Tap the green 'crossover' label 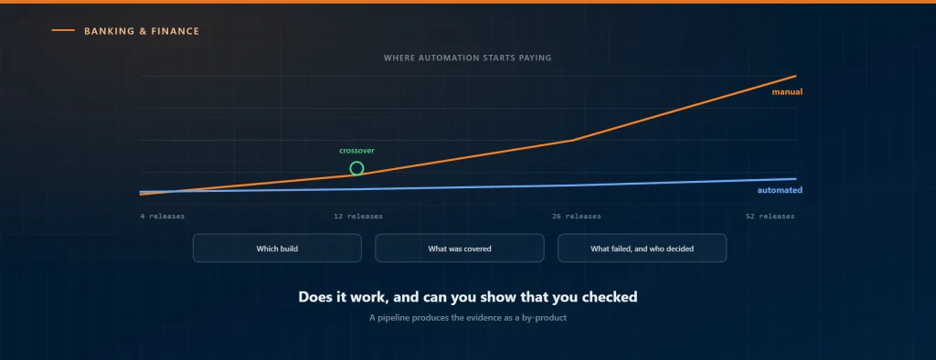click(x=357, y=151)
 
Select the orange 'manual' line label click(x=787, y=92)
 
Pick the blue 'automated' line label click(x=780, y=190)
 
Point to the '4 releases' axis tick click(x=163, y=217)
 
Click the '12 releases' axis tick click(x=358, y=217)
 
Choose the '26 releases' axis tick click(x=577, y=217)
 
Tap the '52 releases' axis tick click(x=770, y=217)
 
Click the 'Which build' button click(x=277, y=248)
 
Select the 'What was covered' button click(x=460, y=248)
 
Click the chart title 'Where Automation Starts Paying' click(x=467, y=58)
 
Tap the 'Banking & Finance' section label click(x=142, y=31)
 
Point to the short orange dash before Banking click(x=63, y=30)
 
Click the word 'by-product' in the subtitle click(x=545, y=318)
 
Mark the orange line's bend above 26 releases click(x=572, y=141)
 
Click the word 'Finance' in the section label click(x=176, y=31)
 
